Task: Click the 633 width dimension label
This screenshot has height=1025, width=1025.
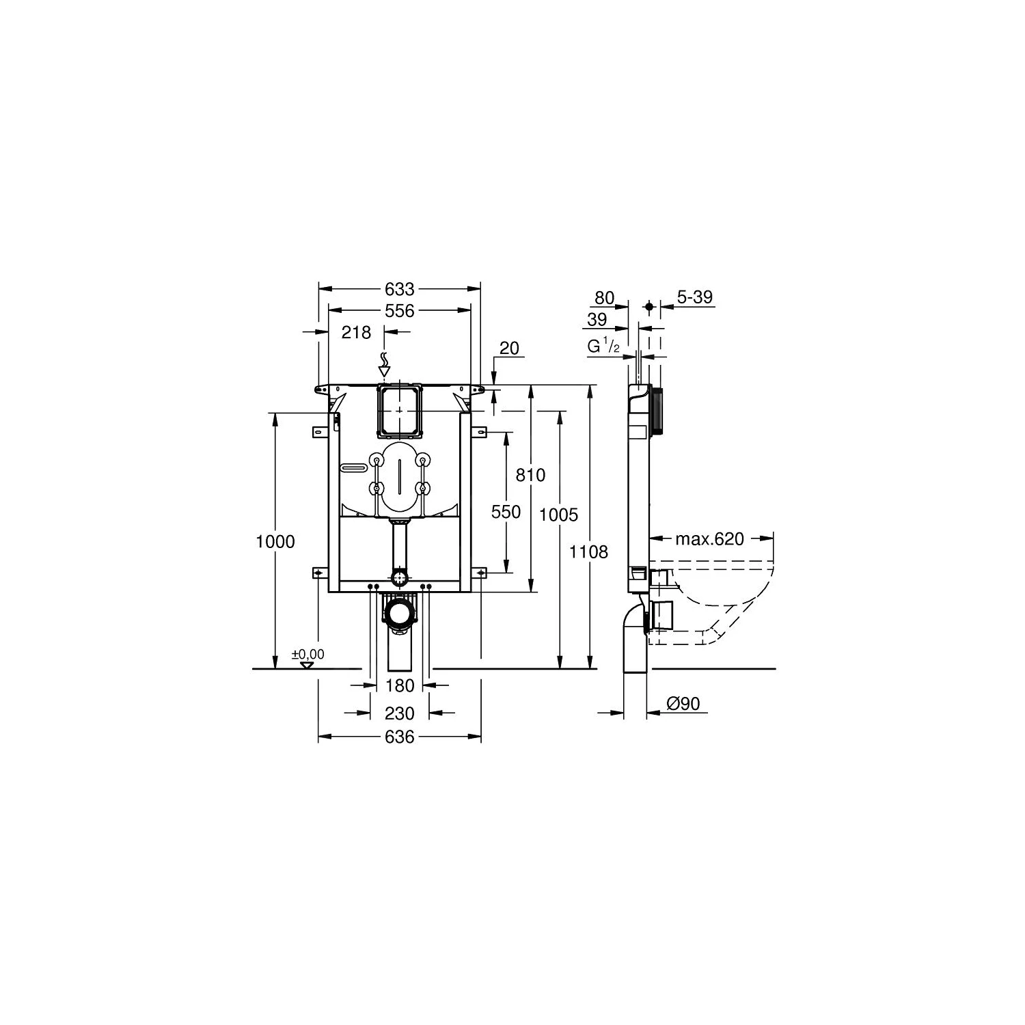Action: tap(400, 289)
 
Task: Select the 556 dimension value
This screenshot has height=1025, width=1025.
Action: tap(400, 311)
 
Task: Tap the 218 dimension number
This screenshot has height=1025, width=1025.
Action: tap(356, 332)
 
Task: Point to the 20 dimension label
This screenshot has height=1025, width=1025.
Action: tap(509, 348)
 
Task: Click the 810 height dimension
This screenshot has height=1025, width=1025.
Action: tap(530, 474)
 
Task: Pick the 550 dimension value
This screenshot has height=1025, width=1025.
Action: tap(506, 512)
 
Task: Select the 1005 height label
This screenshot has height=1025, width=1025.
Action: tap(559, 515)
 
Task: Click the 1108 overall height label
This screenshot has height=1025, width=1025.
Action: tap(588, 551)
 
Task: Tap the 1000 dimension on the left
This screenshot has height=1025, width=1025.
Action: tap(275, 542)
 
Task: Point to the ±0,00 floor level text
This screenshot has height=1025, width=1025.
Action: tap(308, 655)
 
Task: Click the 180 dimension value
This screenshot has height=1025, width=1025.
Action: tap(400, 685)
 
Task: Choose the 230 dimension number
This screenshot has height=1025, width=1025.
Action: tap(400, 713)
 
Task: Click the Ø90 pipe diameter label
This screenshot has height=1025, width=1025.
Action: tap(683, 703)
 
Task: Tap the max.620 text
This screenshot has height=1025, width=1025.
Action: tap(709, 539)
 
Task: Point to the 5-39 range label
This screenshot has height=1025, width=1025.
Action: tap(694, 297)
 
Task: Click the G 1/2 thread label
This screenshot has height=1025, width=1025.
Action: tap(603, 347)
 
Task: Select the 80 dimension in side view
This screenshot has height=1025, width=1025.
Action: tap(604, 298)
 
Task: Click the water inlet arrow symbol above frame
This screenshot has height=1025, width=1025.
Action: tap(384, 364)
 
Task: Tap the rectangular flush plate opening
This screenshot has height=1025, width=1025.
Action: tap(400, 410)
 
